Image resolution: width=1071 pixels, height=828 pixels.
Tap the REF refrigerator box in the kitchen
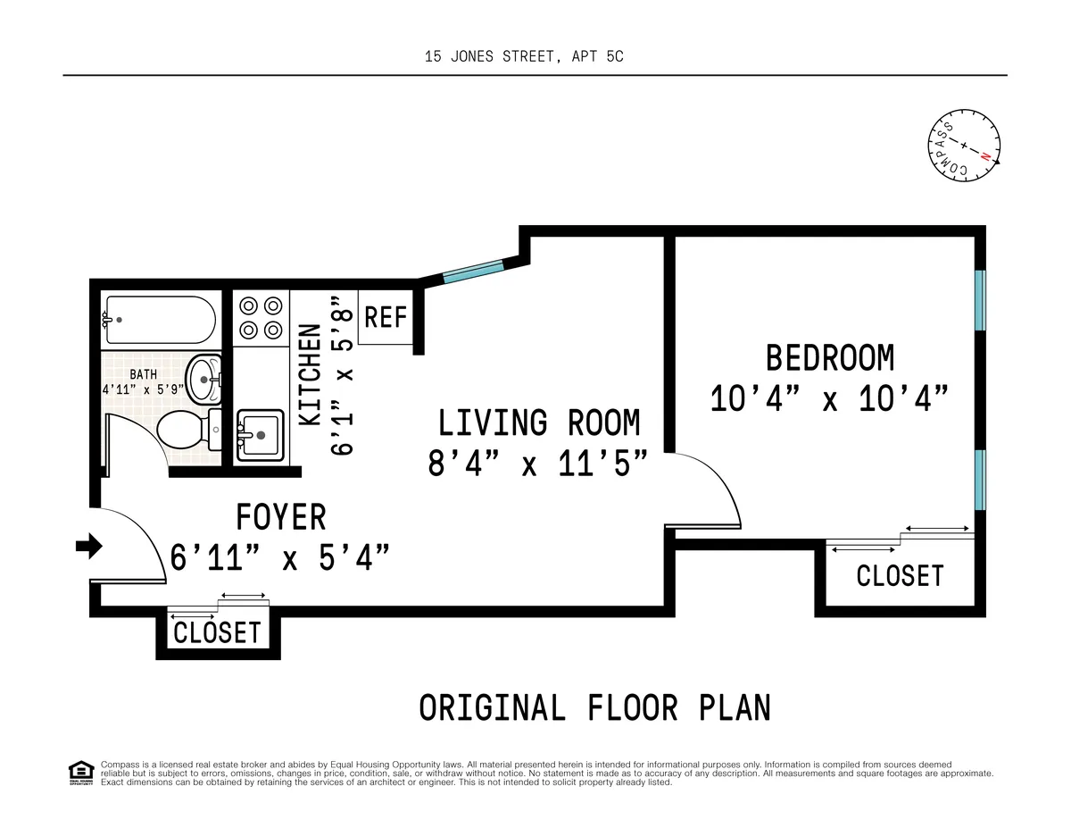pyautogui.click(x=386, y=317)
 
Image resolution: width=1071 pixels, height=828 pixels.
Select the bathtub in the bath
pyautogui.click(x=159, y=320)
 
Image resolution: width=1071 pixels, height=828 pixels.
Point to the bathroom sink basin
pyautogui.click(x=205, y=380)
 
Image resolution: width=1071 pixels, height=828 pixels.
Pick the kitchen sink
pyautogui.click(x=259, y=435)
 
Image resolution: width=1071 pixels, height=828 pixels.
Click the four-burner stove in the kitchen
pyautogui.click(x=260, y=317)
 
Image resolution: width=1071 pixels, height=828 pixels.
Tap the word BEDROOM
pyautogui.click(x=829, y=358)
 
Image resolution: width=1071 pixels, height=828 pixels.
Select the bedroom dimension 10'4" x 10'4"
pyautogui.click(x=828, y=398)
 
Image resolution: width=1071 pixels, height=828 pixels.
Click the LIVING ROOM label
pyautogui.click(x=538, y=422)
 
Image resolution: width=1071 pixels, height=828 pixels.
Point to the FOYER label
pyautogui.click(x=280, y=517)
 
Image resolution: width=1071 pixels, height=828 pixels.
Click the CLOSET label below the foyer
pyautogui.click(x=217, y=633)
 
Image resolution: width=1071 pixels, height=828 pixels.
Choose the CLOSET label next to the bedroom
pyautogui.click(x=900, y=576)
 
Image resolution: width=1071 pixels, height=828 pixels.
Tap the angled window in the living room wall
pyautogui.click(x=473, y=270)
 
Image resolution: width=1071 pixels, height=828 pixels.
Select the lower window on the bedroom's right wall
pyautogui.click(x=980, y=479)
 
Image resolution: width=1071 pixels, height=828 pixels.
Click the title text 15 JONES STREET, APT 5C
pyautogui.click(x=524, y=56)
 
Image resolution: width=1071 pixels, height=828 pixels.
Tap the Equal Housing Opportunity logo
pyautogui.click(x=80, y=773)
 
